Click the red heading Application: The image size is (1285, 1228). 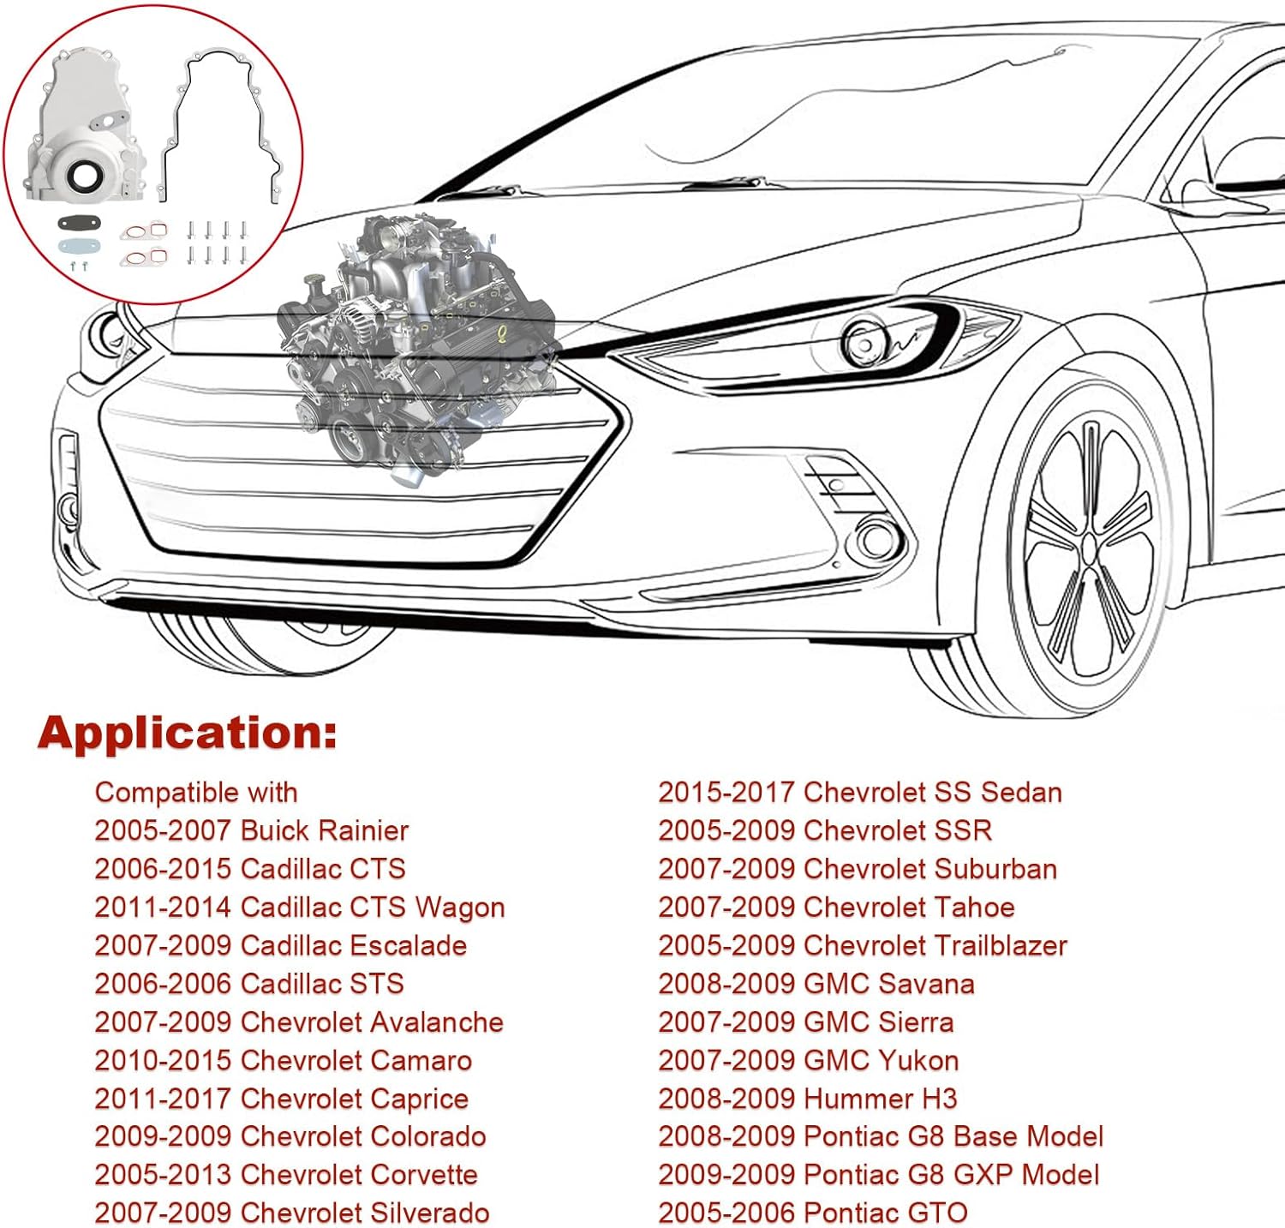coord(187,734)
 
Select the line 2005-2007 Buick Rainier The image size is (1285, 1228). coord(251,830)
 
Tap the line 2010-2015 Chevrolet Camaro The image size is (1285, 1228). coord(283,1060)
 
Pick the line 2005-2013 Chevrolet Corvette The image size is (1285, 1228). coord(285,1174)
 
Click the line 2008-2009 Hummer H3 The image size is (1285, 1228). coord(807,1099)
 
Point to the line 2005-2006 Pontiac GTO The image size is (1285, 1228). coord(812,1213)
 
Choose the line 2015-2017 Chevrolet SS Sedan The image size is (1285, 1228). coord(859,792)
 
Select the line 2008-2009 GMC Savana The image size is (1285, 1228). coord(816,984)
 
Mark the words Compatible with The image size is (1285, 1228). coord(196,793)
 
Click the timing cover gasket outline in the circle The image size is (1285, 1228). coord(223,120)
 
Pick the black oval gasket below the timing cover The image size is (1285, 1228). coord(79,224)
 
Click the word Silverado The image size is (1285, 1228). coord(429,1213)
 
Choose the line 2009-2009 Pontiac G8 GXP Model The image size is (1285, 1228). coord(878,1174)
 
